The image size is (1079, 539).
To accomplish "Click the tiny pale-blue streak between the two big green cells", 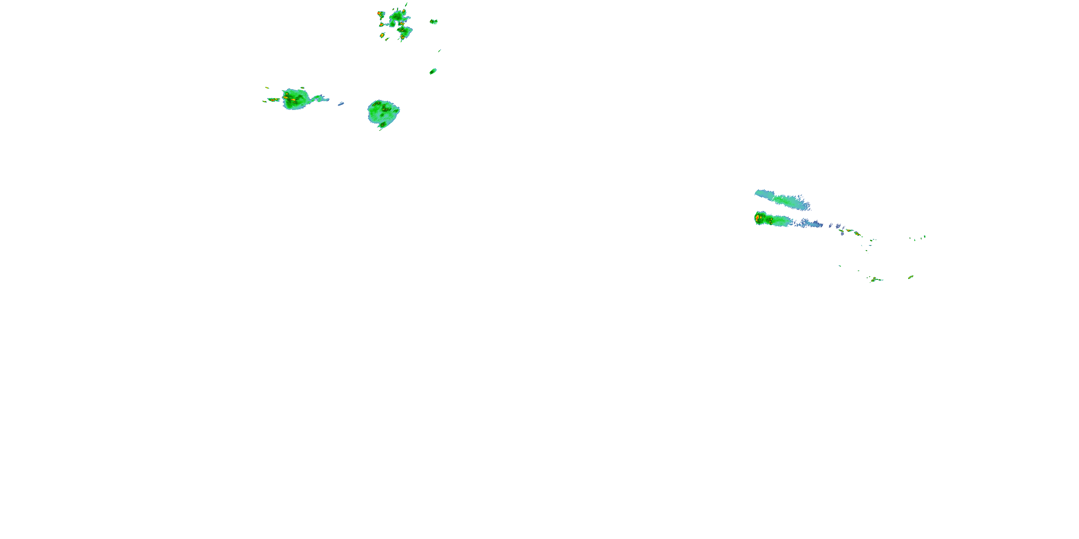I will point(341,104).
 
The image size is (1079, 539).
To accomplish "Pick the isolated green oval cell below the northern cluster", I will point(433,71).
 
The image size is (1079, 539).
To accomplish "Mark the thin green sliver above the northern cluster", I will point(406,5).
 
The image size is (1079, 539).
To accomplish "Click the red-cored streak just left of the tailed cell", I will point(273,100).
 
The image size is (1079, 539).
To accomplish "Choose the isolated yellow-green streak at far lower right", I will point(911,277).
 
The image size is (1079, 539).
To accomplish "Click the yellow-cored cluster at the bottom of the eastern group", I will point(875,280).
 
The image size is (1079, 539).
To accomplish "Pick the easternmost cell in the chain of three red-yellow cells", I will point(857,234).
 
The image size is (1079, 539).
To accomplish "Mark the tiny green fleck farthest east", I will point(925,237).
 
